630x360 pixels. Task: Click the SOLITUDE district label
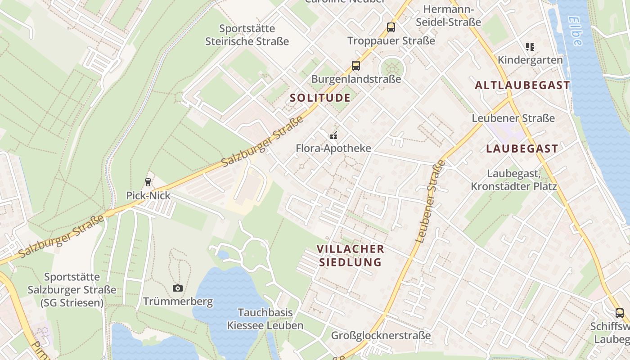point(320,98)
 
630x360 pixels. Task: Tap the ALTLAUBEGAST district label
point(522,85)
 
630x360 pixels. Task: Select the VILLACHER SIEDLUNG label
point(351,255)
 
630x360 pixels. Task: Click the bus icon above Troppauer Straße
point(391,27)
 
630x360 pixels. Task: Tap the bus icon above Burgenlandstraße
point(356,66)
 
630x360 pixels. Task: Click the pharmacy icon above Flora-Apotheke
point(333,135)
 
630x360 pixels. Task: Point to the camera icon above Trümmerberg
point(178,288)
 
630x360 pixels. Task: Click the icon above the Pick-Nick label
point(148,182)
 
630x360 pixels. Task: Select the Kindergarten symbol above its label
point(530,47)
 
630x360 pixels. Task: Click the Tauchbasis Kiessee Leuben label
point(265,319)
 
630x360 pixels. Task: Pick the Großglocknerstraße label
point(381,335)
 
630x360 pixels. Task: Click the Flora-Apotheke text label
point(333,148)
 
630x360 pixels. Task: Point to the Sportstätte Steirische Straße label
point(247,35)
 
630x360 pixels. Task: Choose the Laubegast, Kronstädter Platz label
point(513,180)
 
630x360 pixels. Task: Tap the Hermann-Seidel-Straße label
point(448,16)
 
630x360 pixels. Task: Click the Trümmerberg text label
point(178,301)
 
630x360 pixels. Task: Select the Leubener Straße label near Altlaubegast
point(513,118)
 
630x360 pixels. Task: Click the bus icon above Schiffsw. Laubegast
point(620,313)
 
